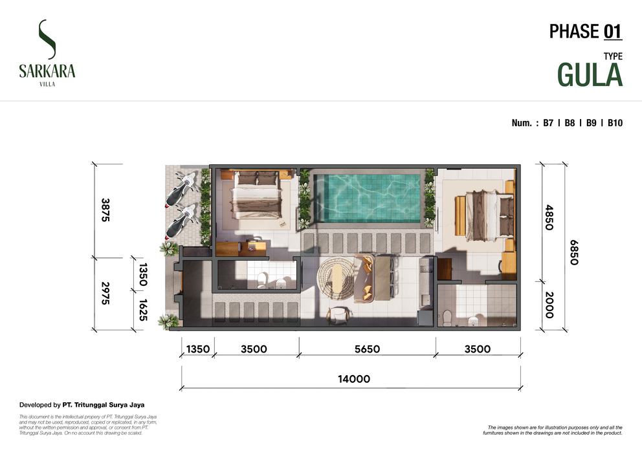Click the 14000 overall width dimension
(x=354, y=379)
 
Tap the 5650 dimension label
(x=367, y=349)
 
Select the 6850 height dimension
(x=574, y=252)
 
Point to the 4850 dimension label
(x=549, y=217)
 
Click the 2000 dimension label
(x=549, y=305)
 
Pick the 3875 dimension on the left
(x=105, y=210)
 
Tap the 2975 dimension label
(x=105, y=293)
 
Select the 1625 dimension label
(x=143, y=310)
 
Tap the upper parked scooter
(x=181, y=189)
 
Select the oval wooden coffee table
(x=338, y=278)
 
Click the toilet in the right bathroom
(x=448, y=318)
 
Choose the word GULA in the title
(x=590, y=75)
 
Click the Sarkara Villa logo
(x=47, y=53)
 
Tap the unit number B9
(x=592, y=123)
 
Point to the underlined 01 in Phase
(x=613, y=32)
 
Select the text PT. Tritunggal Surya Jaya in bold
(x=103, y=405)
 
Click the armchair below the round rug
(x=338, y=316)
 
